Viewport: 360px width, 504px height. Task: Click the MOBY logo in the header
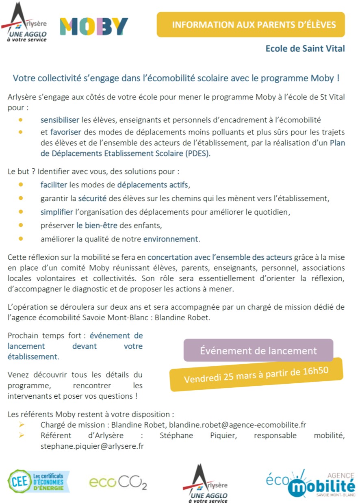point(94,26)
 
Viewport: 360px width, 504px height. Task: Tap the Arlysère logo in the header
point(25,22)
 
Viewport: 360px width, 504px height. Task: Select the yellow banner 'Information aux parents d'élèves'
point(251,25)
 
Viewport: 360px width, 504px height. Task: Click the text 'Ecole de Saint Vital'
point(305,49)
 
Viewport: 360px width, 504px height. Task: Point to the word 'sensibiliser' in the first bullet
point(60,120)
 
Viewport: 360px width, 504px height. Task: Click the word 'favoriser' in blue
point(66,132)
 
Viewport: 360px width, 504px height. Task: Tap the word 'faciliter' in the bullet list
point(54,185)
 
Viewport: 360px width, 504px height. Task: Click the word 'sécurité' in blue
point(93,199)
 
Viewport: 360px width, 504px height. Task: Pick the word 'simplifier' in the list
point(57,212)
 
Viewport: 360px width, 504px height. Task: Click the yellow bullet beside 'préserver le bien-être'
point(21,225)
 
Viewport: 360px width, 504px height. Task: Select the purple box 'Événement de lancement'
point(258,350)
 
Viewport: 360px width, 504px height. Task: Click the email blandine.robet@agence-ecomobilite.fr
point(237,425)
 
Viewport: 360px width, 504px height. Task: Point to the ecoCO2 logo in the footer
point(118,482)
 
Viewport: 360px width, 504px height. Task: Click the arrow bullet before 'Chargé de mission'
point(22,425)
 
